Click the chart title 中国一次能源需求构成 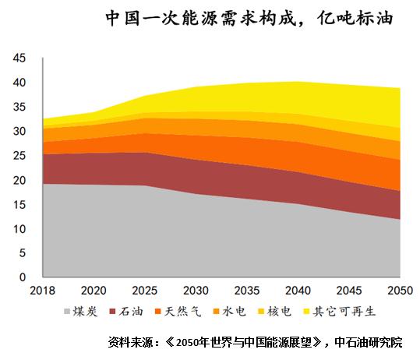[201, 19]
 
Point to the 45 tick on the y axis [19, 58]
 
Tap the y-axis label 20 [19, 181]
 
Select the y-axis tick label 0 [23, 277]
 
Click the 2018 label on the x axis [43, 291]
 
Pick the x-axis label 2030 [196, 291]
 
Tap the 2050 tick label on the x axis [401, 291]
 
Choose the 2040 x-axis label [298, 291]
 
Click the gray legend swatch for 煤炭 [67, 312]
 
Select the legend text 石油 [131, 312]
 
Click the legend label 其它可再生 [344, 312]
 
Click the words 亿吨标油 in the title [355, 19]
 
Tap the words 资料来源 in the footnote [130, 342]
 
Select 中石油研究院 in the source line [369, 342]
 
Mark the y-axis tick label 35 [19, 108]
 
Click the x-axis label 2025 [145, 291]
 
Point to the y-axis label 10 [19, 229]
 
